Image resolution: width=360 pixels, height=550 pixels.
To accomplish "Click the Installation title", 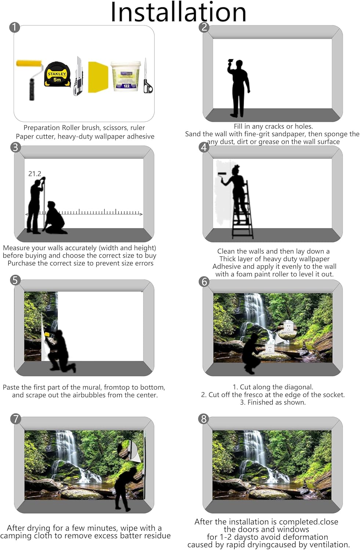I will tap(178, 12).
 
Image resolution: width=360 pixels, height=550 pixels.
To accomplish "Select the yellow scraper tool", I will tap(98, 76).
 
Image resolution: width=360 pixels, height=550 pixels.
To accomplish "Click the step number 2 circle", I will tap(204, 27).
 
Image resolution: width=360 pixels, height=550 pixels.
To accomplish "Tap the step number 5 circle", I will tap(15, 280).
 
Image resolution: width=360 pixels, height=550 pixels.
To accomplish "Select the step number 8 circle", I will tap(203, 419).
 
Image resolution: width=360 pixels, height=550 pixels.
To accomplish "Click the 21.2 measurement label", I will tap(35, 174).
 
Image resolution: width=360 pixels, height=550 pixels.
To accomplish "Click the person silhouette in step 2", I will tap(239, 88).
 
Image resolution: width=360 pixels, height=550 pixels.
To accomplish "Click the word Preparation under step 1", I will tap(42, 128).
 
